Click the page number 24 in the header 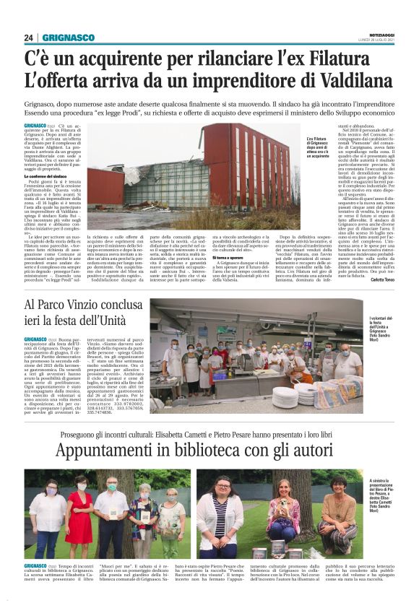29,38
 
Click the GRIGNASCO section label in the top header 68,38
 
